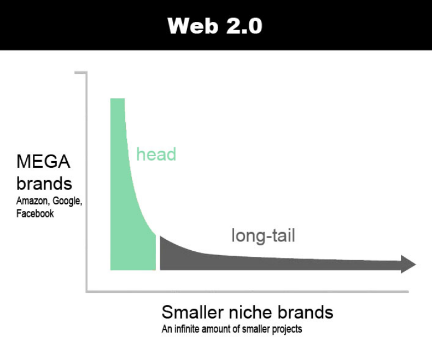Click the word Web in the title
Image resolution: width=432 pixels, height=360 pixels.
click(x=192, y=26)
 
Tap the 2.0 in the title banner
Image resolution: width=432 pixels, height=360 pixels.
click(x=244, y=26)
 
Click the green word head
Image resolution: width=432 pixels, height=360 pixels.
click(x=156, y=154)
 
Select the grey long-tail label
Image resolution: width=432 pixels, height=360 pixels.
click(x=264, y=236)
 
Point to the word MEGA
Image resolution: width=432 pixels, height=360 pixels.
click(x=43, y=161)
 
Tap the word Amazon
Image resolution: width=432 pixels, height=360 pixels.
click(x=32, y=201)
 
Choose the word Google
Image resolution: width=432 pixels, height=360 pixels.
click(x=67, y=201)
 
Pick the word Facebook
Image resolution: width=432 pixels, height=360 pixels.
click(x=35, y=214)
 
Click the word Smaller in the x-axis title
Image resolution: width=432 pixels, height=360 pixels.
click(x=192, y=312)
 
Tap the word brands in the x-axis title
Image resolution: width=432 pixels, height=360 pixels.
click(x=305, y=312)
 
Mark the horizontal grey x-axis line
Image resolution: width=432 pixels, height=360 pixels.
click(x=247, y=292)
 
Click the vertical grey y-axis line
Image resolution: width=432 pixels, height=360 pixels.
click(x=86, y=182)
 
